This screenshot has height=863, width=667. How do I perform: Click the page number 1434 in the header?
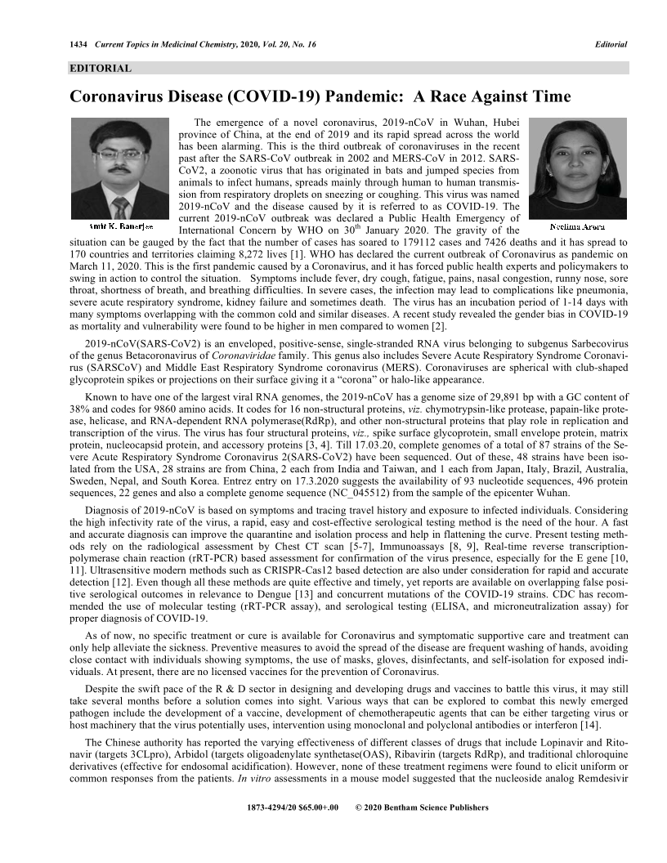[80, 43]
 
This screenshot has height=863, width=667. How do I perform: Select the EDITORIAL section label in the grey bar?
[101, 69]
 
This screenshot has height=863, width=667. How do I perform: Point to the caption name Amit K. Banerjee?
[120, 226]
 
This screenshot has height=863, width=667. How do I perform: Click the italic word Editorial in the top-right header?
[611, 43]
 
